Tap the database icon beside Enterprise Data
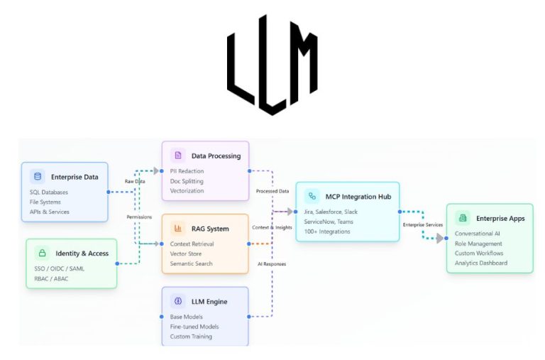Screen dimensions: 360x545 pos(37,177)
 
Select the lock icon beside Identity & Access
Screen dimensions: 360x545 pos(42,253)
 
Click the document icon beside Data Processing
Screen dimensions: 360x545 pos(177,156)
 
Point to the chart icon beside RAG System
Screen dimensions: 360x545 pos(177,229)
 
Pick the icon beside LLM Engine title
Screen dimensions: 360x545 pos(177,301)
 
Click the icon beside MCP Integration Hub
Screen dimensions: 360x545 pos(312,196)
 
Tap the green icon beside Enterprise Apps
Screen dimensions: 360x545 pos(462,218)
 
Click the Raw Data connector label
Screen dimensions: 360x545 pos(136,182)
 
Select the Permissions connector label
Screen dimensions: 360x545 pos(139,217)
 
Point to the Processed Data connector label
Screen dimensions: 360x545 pos(272,191)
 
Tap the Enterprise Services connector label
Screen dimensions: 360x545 pos(422,224)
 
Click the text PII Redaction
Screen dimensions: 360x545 pos(187,171)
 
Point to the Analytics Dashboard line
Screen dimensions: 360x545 pos(480,263)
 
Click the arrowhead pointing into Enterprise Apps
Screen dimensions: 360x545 pos(440,238)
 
